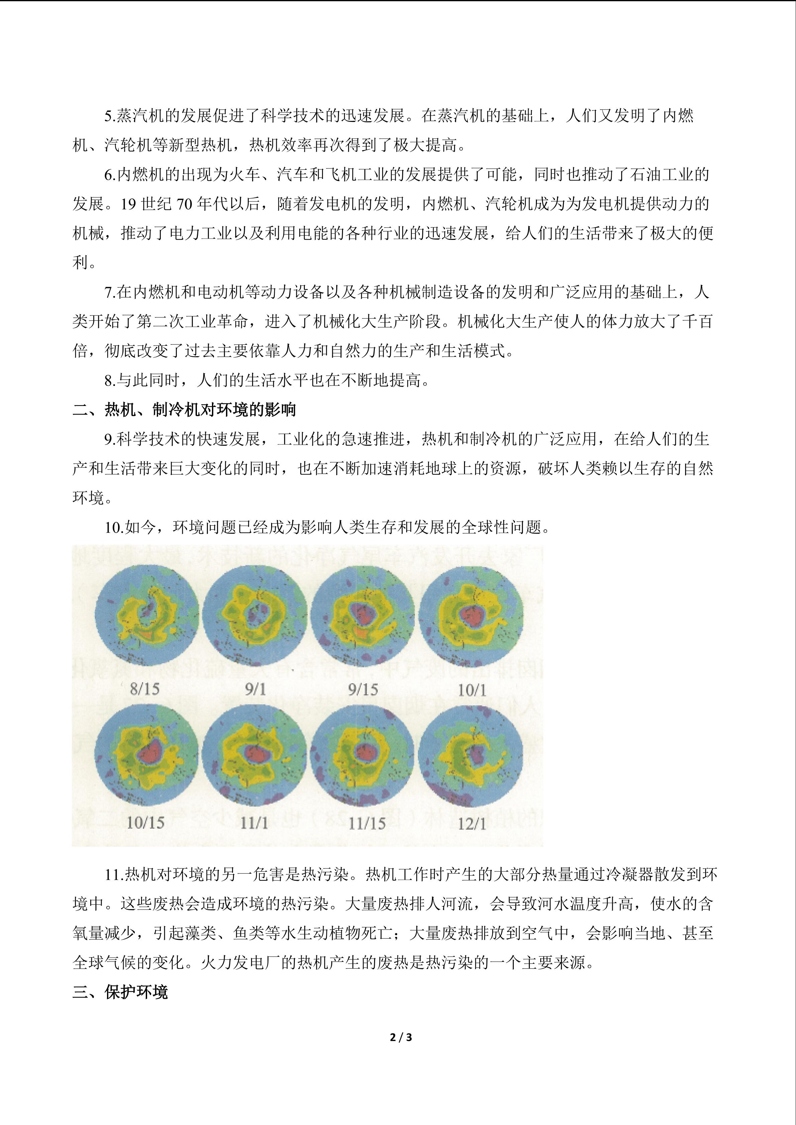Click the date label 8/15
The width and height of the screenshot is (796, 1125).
tap(145, 689)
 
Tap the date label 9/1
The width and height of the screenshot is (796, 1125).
tap(255, 689)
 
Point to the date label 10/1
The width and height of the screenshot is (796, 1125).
tap(472, 690)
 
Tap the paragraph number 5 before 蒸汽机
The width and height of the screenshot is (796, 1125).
tap(108, 116)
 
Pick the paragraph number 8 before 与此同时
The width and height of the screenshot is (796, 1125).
tap(108, 380)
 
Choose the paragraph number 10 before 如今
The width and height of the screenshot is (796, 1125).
tap(112, 527)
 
